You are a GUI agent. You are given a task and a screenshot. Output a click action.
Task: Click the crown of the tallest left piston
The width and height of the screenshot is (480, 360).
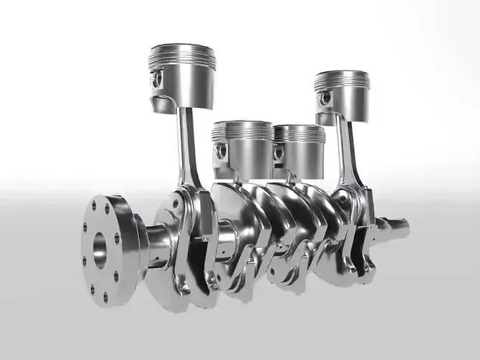click(183, 49)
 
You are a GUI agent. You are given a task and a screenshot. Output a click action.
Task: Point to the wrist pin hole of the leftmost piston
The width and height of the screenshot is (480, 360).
click(157, 78)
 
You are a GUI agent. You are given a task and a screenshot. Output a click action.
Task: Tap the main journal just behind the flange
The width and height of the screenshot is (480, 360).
click(157, 239)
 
